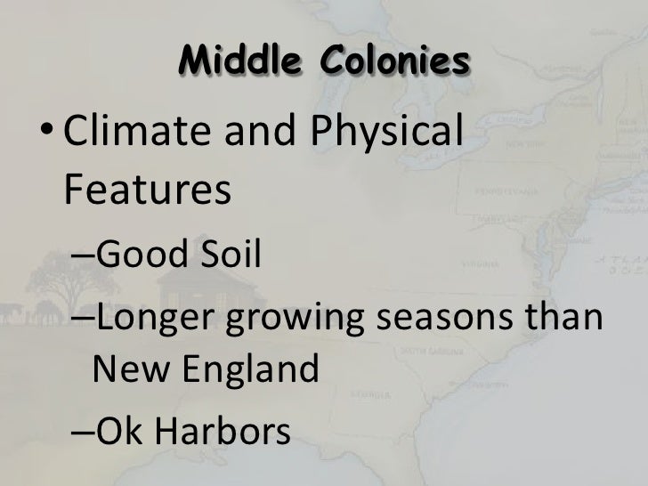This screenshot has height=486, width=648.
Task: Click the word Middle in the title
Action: click(232, 61)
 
